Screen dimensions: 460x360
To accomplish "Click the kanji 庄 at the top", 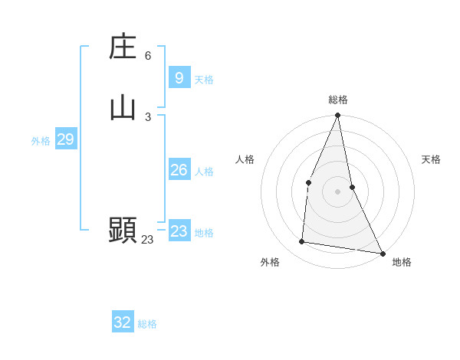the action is [123, 47].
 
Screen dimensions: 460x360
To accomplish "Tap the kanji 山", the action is [123, 107].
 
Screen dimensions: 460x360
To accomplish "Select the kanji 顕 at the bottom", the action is [123, 230].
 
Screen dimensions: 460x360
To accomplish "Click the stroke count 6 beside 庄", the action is [148, 56].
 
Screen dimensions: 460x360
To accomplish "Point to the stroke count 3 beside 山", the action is [148, 116].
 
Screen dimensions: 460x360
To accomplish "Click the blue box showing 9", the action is [179, 78].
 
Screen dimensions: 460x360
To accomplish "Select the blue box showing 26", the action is [179, 170].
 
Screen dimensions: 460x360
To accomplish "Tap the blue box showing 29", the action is [65, 139].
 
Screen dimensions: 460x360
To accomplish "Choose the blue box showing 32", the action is [123, 322].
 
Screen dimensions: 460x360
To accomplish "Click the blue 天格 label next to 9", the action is [204, 80].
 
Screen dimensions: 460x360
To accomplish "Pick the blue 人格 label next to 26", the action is [204, 172].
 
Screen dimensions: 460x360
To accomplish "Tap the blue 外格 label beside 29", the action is [41, 141].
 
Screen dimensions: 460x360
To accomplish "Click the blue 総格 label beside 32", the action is [147, 324].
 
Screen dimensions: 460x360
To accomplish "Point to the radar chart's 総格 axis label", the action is [337, 100].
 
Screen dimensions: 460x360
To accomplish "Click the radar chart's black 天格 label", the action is [431, 159].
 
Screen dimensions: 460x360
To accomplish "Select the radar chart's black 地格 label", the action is [402, 262].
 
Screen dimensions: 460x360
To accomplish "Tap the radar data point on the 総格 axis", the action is [337, 116].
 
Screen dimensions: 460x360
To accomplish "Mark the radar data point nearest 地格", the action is [382, 253].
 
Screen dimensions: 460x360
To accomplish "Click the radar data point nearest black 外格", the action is [302, 242].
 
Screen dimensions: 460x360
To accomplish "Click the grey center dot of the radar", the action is [337, 191].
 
